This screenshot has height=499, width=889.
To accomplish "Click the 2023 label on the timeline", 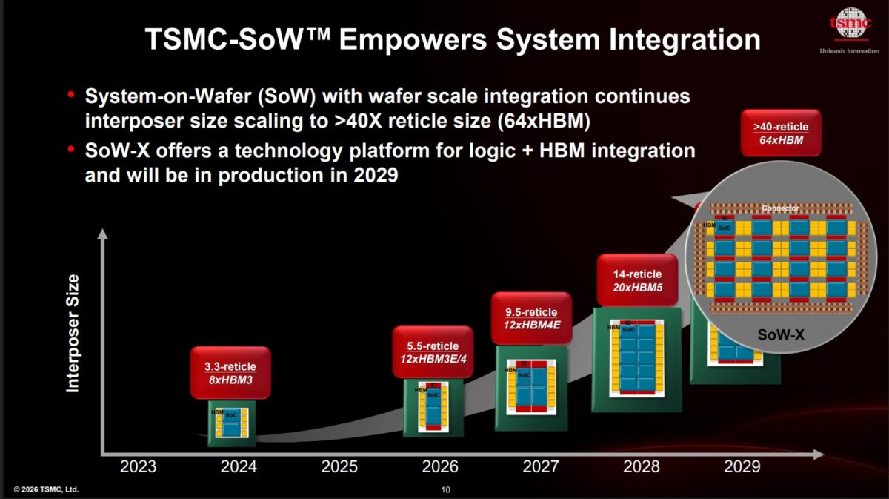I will (138, 466).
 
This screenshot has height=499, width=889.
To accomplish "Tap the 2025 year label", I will (339, 466).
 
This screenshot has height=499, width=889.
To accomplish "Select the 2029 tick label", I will (742, 466).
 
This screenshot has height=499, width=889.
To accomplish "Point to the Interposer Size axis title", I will (73, 333).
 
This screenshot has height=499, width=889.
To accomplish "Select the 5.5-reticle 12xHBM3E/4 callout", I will (433, 352).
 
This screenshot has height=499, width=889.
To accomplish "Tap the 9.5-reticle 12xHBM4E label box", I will (531, 318).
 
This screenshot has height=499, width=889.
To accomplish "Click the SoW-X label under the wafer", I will (781, 335).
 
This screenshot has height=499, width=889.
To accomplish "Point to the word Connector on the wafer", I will (781, 208).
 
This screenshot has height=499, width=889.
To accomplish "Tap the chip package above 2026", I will (433, 407).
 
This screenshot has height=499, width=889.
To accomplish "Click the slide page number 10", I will (445, 489).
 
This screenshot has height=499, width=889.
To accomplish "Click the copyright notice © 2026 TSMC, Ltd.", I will (46, 489).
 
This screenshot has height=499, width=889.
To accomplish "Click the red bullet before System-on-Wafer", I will (71, 95).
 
